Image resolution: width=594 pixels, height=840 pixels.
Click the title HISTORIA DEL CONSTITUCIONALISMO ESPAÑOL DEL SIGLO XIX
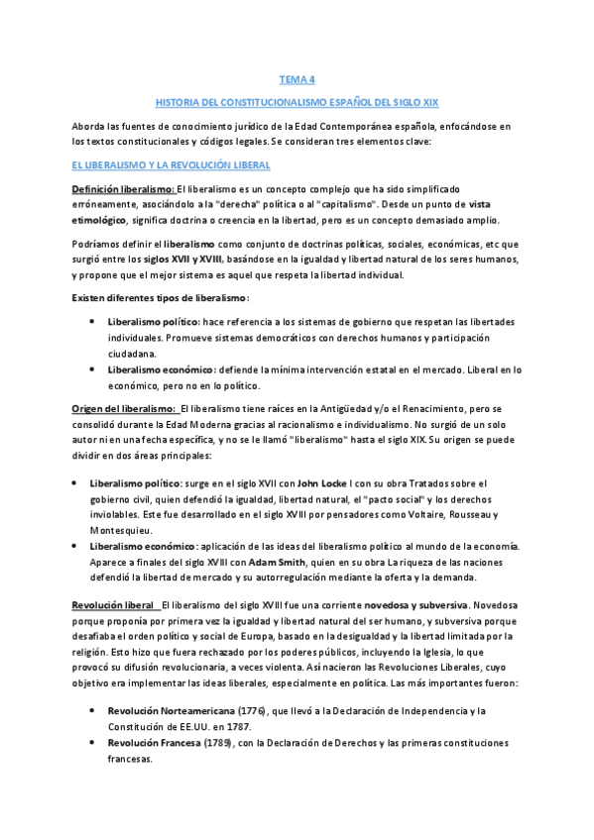click(297, 102)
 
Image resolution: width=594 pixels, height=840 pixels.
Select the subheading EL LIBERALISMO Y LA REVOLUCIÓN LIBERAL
click(165, 165)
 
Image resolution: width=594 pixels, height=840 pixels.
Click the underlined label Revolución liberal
click(112, 603)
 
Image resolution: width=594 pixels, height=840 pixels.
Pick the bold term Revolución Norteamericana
click(170, 711)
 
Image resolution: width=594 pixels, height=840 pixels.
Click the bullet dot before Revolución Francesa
click(93, 744)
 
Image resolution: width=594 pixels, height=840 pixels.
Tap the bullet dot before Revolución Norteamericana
click(93, 711)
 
